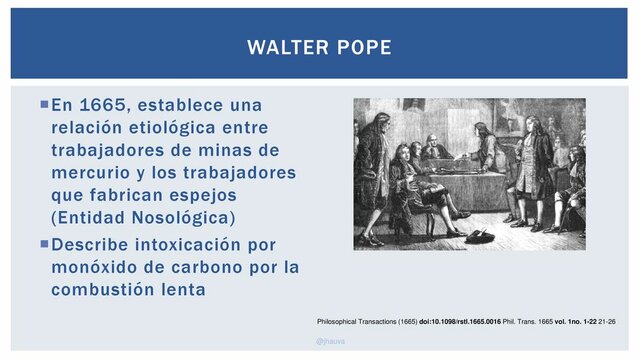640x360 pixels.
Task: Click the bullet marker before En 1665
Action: [44, 103]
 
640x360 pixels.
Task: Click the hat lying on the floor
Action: [479, 236]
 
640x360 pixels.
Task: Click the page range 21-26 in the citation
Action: [604, 322]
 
